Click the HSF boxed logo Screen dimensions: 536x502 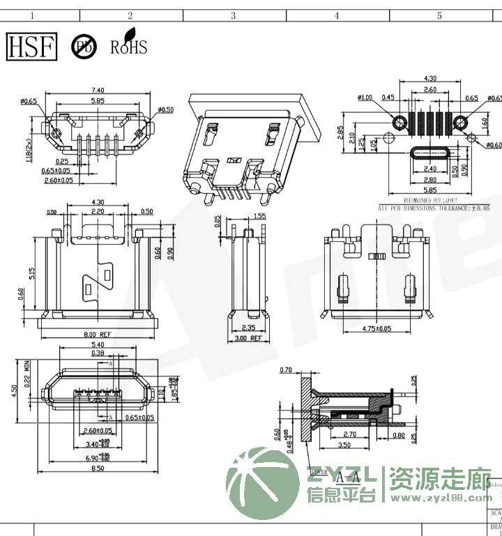31,46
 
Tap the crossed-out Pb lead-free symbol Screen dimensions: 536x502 84,47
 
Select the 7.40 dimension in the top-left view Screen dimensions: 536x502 98,91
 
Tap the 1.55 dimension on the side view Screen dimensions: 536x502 259,217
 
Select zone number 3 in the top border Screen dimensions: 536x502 233,15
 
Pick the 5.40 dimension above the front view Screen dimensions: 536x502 98,344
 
